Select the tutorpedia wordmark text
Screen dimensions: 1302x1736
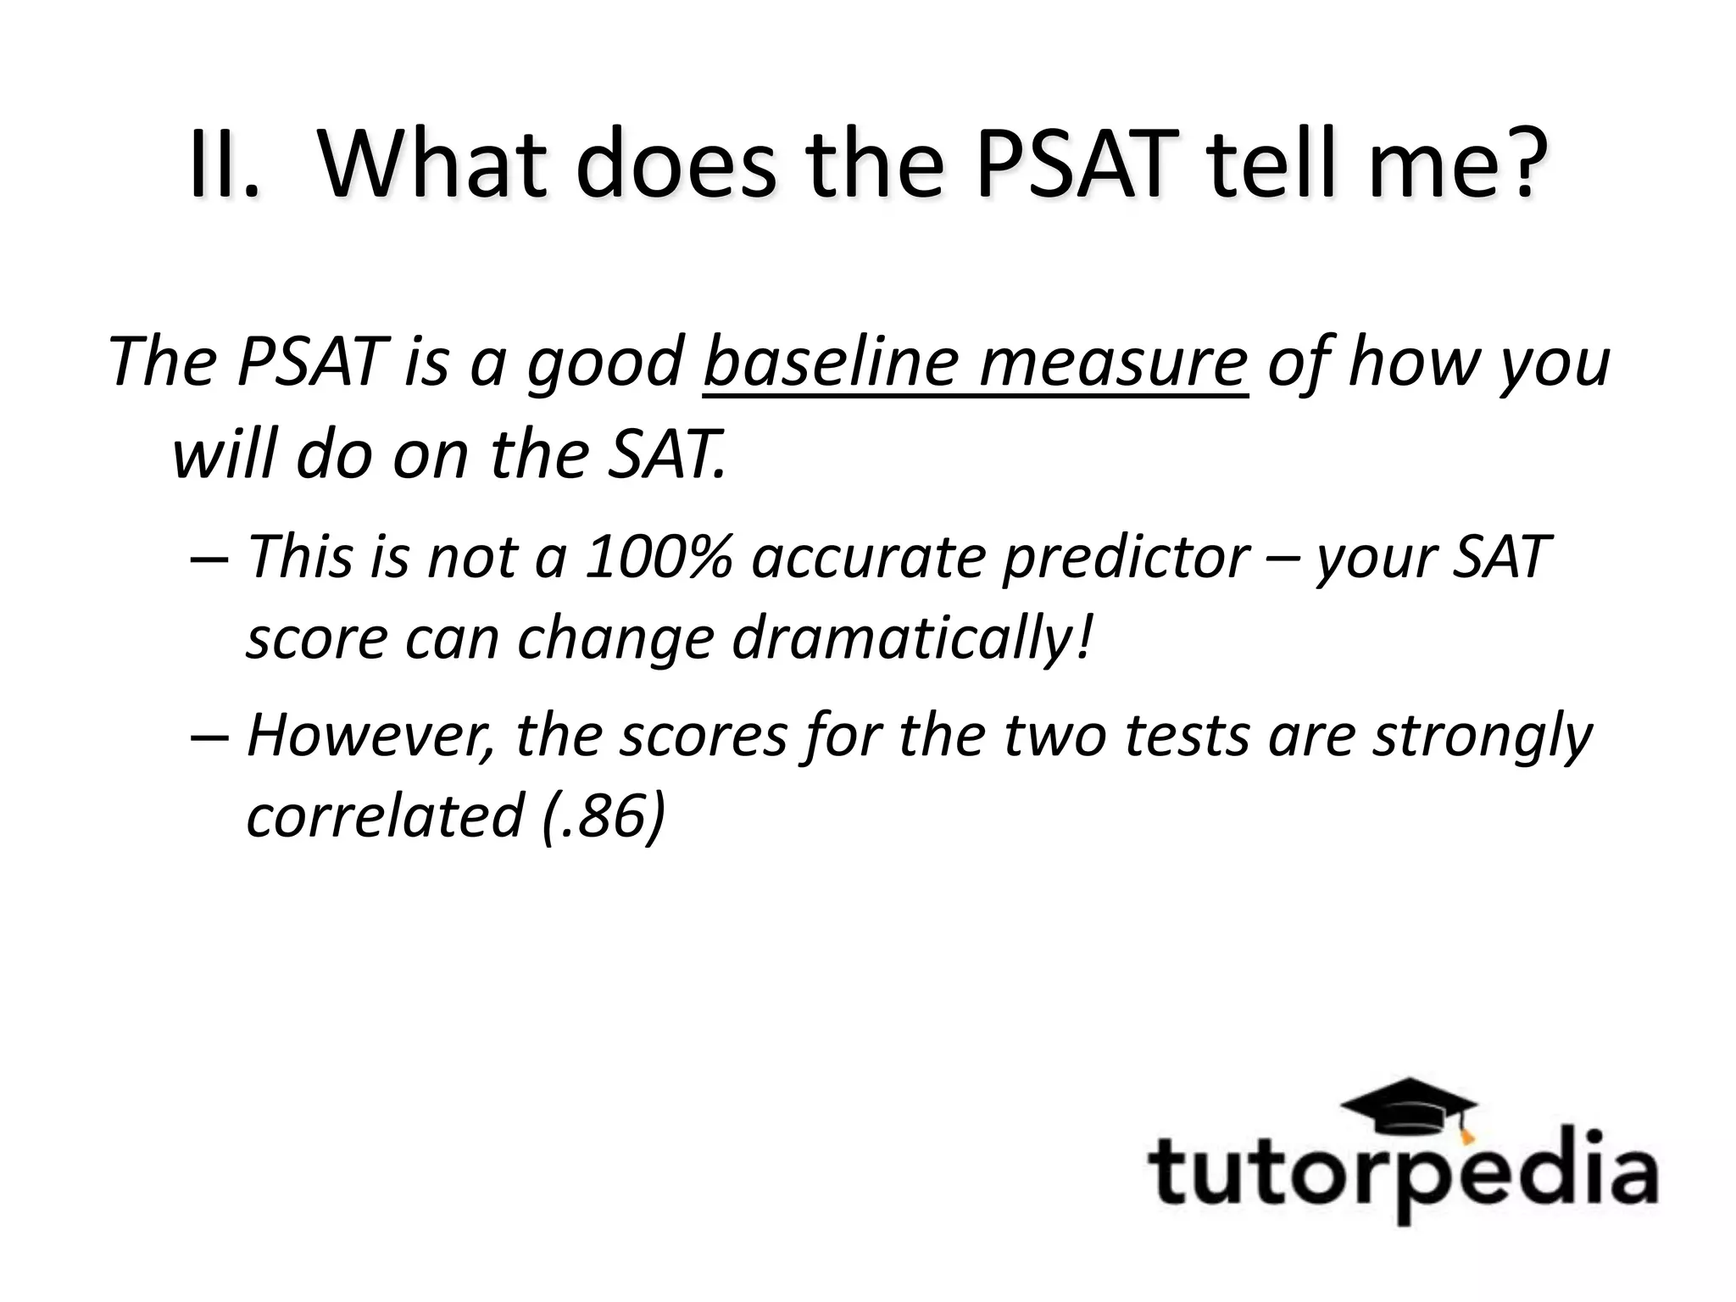[1402, 1175]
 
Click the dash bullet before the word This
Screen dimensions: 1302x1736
[209, 559]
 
